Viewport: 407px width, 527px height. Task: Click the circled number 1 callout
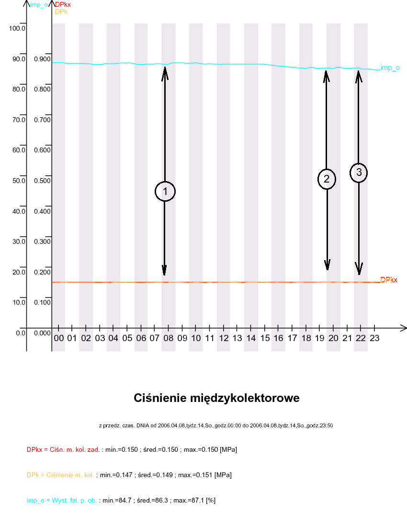point(165,192)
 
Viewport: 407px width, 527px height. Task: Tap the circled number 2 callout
point(327,179)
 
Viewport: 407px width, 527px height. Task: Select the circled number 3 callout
point(359,172)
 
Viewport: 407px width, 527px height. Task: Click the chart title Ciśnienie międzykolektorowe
point(216,398)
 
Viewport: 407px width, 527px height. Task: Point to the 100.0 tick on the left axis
point(17,28)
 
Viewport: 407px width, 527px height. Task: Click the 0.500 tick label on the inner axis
point(42,181)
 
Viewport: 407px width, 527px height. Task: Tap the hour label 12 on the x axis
point(224,338)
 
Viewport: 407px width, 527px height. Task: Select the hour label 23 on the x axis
point(374,338)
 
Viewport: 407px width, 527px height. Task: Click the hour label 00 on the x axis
point(59,338)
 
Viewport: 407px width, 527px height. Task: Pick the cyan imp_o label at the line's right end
point(390,68)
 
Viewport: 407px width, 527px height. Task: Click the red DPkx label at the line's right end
point(389,280)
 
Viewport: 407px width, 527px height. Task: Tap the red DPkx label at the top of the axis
point(63,5)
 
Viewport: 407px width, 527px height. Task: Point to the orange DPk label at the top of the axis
point(61,11)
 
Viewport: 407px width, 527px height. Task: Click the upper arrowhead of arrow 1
point(165,71)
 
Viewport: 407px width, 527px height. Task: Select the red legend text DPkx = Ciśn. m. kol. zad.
point(63,450)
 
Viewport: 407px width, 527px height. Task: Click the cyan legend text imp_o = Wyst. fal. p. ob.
point(62,500)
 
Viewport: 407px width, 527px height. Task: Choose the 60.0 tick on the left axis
point(17,150)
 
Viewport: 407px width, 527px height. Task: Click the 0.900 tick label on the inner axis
point(42,59)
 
